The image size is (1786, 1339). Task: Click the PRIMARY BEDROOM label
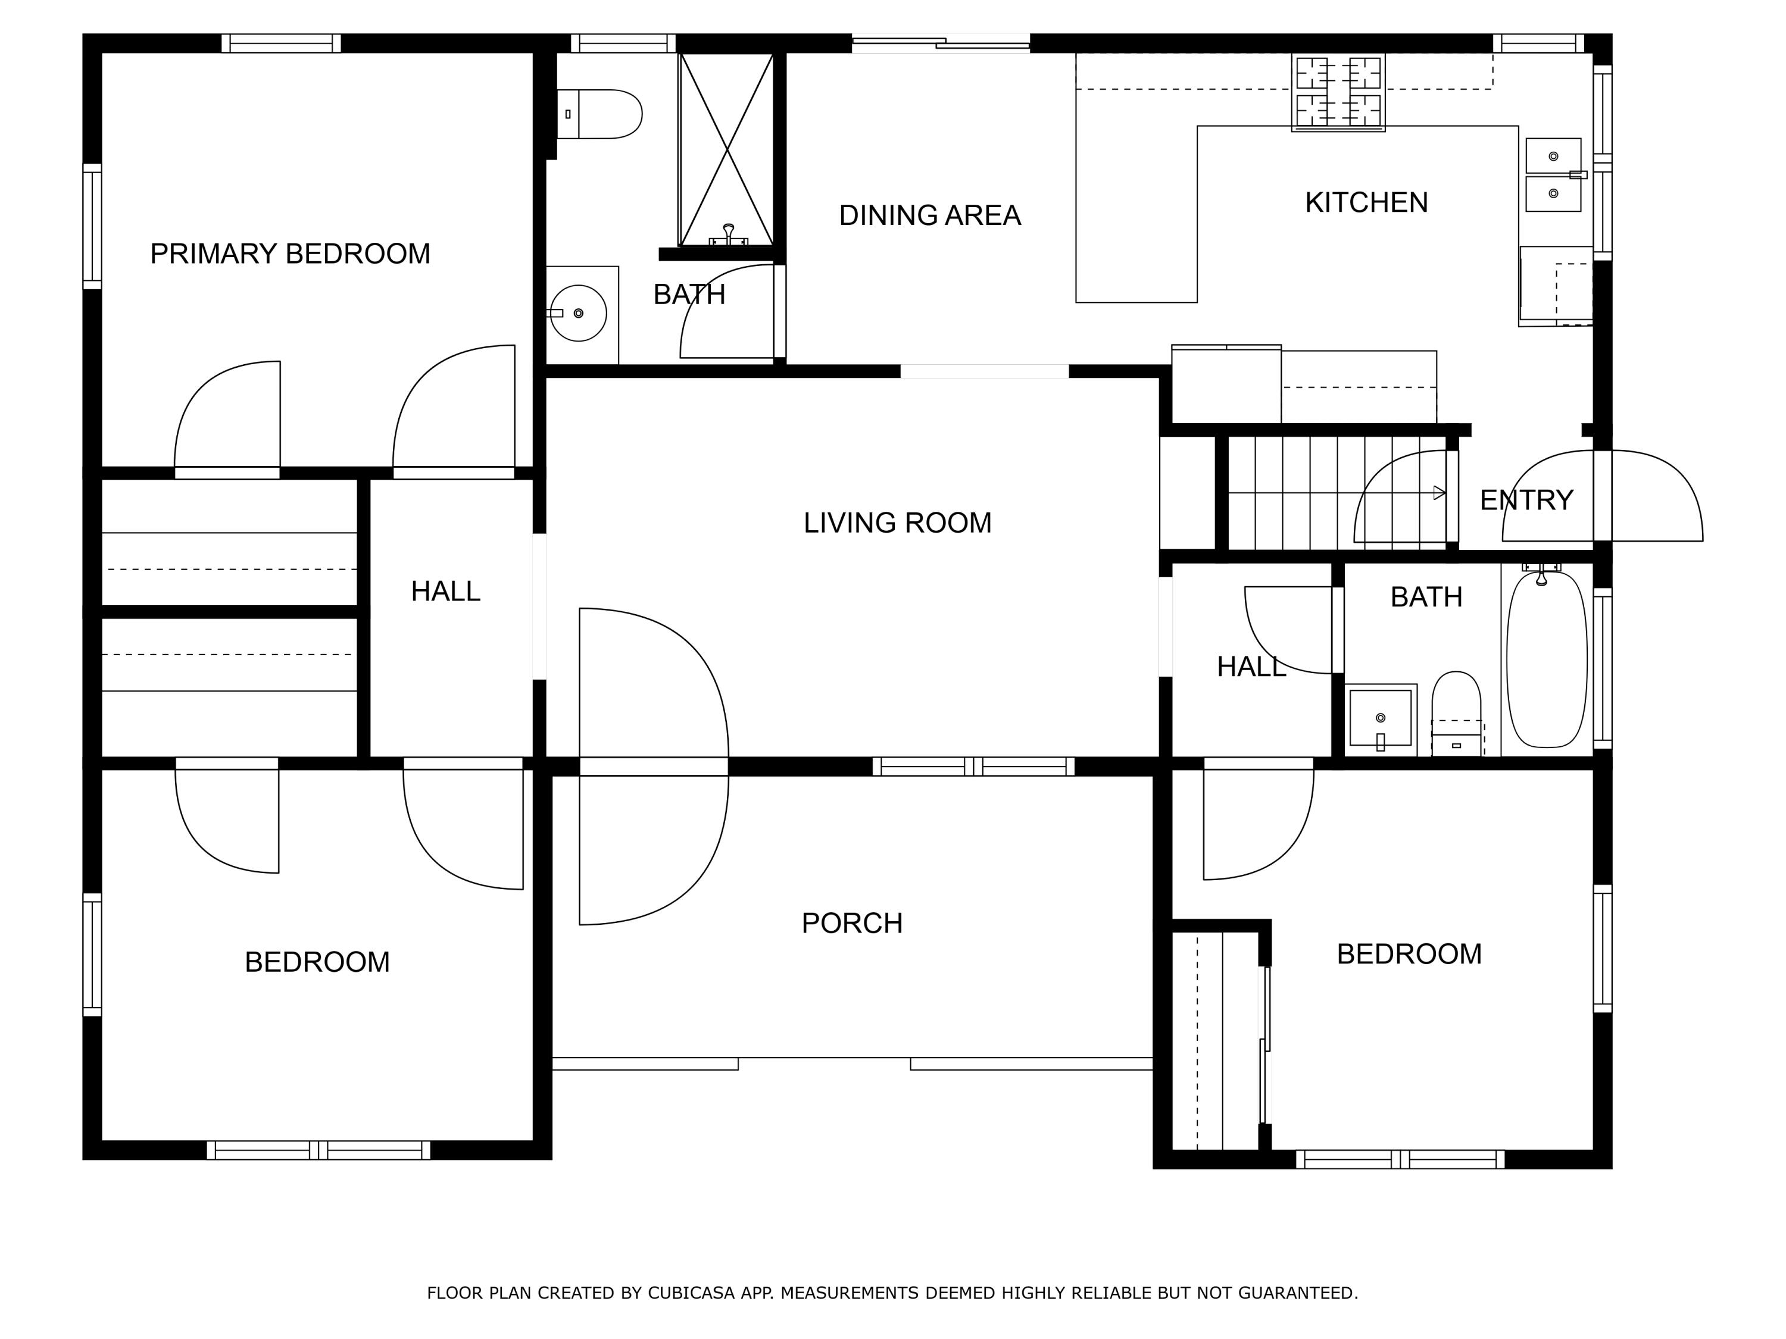(290, 254)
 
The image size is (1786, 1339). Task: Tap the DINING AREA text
(930, 215)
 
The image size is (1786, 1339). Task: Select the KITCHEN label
(1366, 202)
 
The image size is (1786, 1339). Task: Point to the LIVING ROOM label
(897, 523)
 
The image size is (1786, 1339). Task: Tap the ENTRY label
(1526, 500)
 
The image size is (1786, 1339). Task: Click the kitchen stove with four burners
(1338, 92)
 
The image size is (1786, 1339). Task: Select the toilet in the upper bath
(599, 114)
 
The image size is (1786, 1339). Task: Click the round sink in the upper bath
(578, 313)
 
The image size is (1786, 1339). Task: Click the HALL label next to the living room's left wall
(446, 592)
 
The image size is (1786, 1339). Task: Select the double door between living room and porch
(654, 766)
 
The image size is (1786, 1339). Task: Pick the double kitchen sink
(1553, 174)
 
